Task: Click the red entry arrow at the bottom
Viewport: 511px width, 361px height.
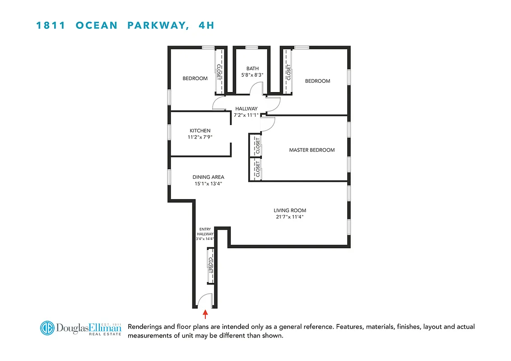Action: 206,313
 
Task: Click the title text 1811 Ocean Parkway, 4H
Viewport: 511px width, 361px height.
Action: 125,25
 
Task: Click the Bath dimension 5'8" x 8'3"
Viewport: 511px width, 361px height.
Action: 252,75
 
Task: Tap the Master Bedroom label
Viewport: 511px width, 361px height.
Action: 312,150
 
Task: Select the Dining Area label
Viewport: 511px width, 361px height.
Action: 208,177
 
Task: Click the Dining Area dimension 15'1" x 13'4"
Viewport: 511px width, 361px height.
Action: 208,184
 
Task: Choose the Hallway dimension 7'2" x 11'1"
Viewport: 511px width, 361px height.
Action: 246,115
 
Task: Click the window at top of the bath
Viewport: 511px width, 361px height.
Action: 251,47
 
